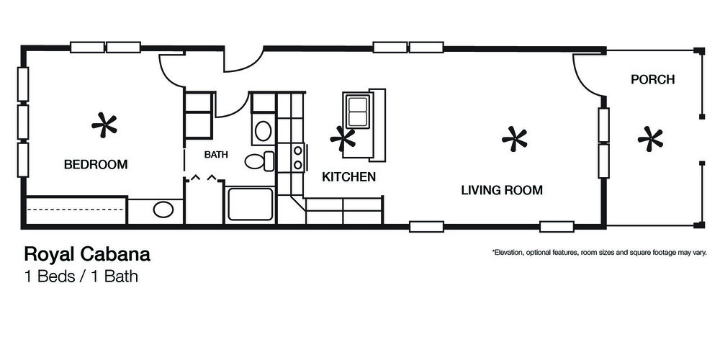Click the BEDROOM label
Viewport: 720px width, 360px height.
[x=96, y=164]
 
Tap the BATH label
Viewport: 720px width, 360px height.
[x=216, y=155]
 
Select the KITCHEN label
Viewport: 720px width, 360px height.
[x=348, y=177]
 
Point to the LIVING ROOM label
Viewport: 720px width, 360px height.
[x=502, y=190]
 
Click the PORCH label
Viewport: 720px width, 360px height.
[x=652, y=79]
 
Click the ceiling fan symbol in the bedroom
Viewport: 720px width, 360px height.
[x=104, y=125]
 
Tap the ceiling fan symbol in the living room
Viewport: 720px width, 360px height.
[x=514, y=139]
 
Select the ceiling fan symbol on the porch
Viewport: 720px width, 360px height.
[x=650, y=139]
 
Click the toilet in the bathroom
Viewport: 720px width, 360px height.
[x=259, y=161]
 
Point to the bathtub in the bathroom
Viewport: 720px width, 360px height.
[x=251, y=204]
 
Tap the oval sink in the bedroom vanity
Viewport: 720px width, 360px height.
[x=163, y=210]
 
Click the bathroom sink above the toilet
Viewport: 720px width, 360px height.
[x=263, y=131]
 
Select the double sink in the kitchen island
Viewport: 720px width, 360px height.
[x=358, y=112]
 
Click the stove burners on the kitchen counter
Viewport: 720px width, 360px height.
[x=298, y=157]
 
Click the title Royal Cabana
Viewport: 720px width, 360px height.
[x=87, y=254]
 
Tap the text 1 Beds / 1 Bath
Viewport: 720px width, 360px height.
[x=81, y=276]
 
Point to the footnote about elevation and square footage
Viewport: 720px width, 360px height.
[x=599, y=252]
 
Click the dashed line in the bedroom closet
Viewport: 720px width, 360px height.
[x=76, y=210]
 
